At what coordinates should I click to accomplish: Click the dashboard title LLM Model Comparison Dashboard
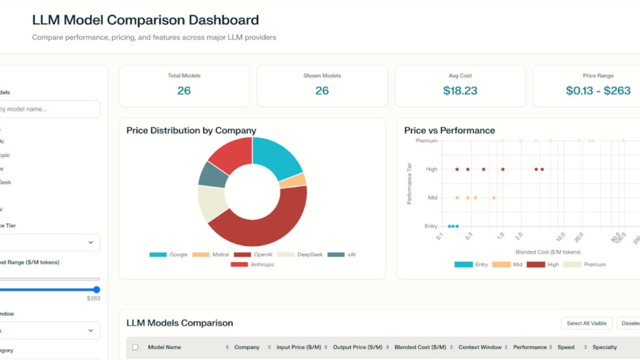click(x=145, y=21)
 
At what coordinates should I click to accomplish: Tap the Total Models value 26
click(x=184, y=91)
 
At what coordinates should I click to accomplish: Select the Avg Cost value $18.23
click(x=460, y=91)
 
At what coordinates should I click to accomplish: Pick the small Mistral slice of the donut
click(x=292, y=181)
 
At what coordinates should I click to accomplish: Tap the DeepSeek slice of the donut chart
click(x=211, y=204)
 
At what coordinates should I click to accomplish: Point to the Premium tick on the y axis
click(x=426, y=141)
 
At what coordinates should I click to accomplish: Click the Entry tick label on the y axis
click(x=431, y=226)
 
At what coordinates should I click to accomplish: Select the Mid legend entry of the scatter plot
click(x=510, y=264)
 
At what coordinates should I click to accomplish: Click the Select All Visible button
click(x=586, y=323)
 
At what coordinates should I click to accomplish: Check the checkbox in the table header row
click(x=136, y=347)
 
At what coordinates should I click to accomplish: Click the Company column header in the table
click(x=247, y=347)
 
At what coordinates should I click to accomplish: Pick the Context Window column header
click(x=479, y=347)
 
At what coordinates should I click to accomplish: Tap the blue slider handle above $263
click(x=97, y=289)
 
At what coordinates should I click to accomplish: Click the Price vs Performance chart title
click(x=449, y=131)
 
